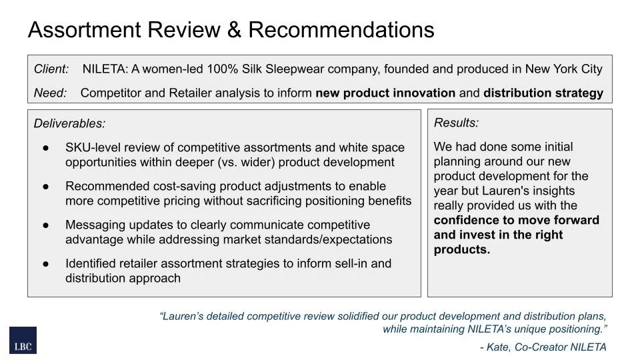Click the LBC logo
(23, 340)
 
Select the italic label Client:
(51, 69)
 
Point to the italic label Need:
(50, 93)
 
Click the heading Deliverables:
(69, 123)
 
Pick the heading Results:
(456, 123)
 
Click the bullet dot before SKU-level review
(46, 148)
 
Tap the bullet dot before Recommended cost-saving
(46, 187)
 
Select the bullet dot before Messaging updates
(46, 225)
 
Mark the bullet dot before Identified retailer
(46, 264)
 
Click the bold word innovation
(422, 93)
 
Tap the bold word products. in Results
(461, 249)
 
